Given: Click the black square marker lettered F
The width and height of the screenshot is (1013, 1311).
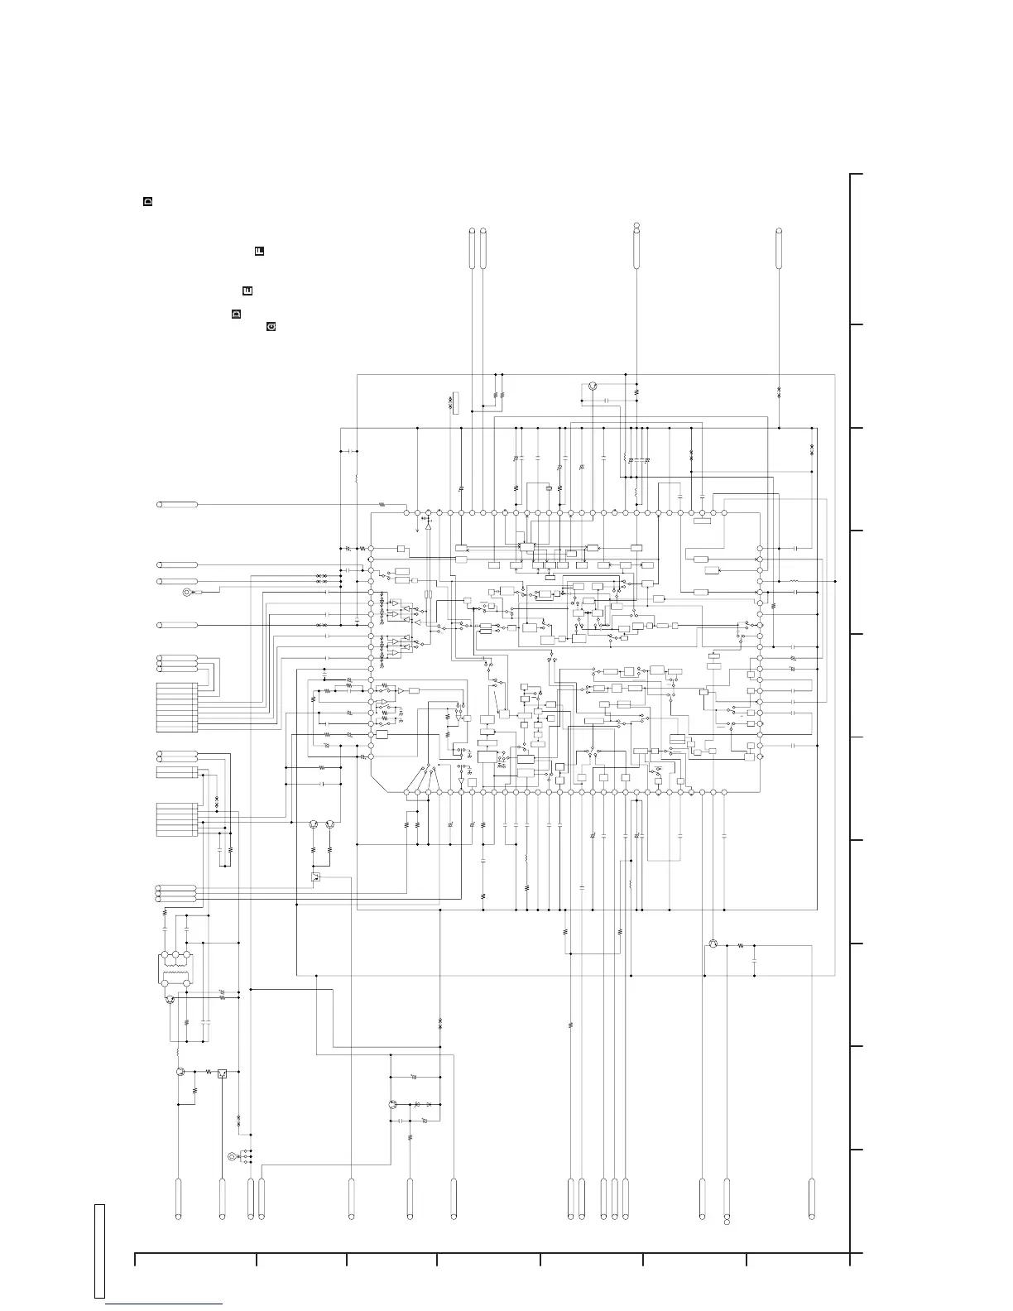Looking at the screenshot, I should (x=259, y=250).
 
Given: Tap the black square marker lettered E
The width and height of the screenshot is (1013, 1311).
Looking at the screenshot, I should (x=247, y=291).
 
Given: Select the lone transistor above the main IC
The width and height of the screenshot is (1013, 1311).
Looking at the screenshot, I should (x=593, y=387).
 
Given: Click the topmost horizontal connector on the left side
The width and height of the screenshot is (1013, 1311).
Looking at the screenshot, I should (x=177, y=504).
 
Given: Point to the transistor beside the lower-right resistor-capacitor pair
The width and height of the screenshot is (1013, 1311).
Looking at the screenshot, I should (x=713, y=944).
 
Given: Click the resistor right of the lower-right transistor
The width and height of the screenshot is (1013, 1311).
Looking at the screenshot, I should (x=741, y=944).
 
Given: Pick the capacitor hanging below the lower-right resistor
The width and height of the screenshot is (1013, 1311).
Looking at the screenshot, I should (x=755, y=961).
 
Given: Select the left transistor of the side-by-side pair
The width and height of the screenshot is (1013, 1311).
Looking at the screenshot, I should (x=314, y=824).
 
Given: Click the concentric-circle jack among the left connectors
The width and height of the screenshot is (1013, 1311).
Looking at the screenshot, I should (x=188, y=592).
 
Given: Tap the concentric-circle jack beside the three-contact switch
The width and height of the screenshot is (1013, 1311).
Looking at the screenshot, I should (x=232, y=1157).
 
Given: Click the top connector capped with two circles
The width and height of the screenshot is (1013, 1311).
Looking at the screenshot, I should (x=636, y=247).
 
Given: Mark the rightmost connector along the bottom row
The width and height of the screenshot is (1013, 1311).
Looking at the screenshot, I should (x=812, y=1198).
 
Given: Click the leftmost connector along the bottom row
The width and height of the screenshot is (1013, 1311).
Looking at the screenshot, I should (x=178, y=1198).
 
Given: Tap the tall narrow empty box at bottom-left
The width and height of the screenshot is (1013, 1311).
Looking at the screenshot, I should (x=99, y=1251).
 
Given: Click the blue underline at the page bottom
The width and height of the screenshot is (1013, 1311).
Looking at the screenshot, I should (x=165, y=1305).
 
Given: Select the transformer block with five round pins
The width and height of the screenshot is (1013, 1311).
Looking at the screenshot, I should (x=175, y=969).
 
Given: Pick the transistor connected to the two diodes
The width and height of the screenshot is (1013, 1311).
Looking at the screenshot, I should (x=393, y=1104).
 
